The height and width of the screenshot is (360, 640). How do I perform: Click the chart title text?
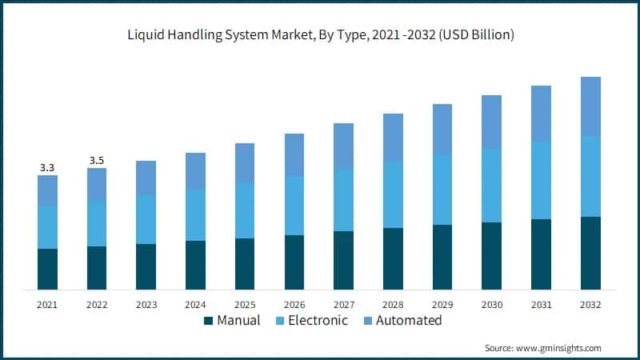pos(319,35)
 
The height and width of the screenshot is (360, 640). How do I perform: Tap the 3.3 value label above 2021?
pos(47,168)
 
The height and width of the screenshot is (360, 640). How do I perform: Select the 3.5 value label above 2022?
pos(97,161)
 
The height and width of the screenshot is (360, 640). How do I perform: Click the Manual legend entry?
pos(232,321)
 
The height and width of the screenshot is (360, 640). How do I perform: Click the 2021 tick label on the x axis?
pos(47,305)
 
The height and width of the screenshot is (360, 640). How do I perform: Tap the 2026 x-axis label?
pos(294,305)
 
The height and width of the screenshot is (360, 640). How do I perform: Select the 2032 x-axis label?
pos(590,305)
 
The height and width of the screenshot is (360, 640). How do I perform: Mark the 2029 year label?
pos(442,305)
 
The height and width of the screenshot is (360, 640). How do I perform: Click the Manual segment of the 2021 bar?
pos(47,269)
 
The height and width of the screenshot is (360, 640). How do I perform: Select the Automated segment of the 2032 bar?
pos(590,106)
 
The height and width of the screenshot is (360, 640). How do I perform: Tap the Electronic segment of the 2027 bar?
pos(343,200)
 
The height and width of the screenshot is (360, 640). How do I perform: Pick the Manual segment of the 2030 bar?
pos(492,256)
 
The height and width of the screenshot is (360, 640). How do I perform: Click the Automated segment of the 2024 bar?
pos(195,171)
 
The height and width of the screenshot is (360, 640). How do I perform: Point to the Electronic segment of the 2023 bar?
pos(146,220)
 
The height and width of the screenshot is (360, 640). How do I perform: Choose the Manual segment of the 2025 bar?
pos(245,264)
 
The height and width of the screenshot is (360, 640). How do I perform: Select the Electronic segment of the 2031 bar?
pos(542,181)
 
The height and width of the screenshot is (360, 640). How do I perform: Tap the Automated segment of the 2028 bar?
pos(393,138)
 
